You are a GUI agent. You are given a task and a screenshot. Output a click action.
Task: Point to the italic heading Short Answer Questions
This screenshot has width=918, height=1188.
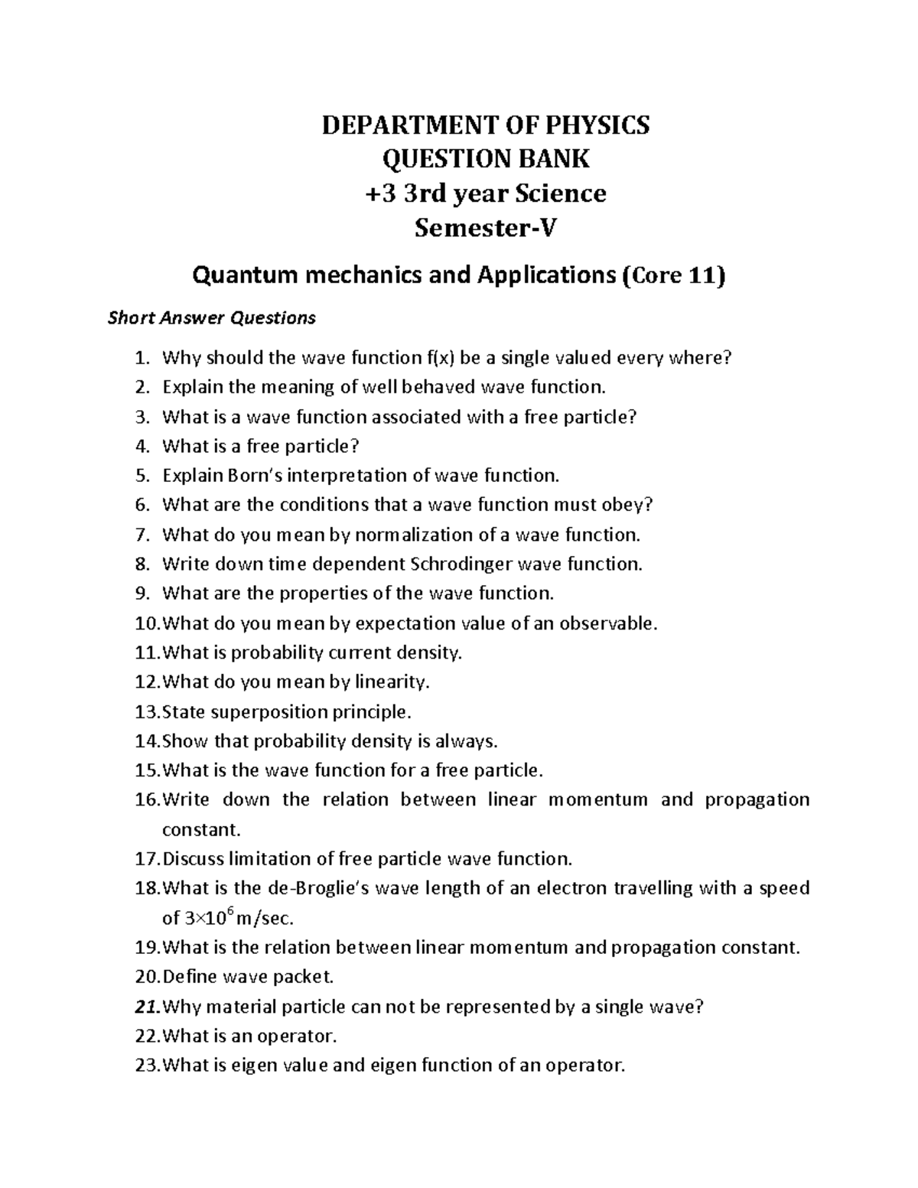[211, 318]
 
